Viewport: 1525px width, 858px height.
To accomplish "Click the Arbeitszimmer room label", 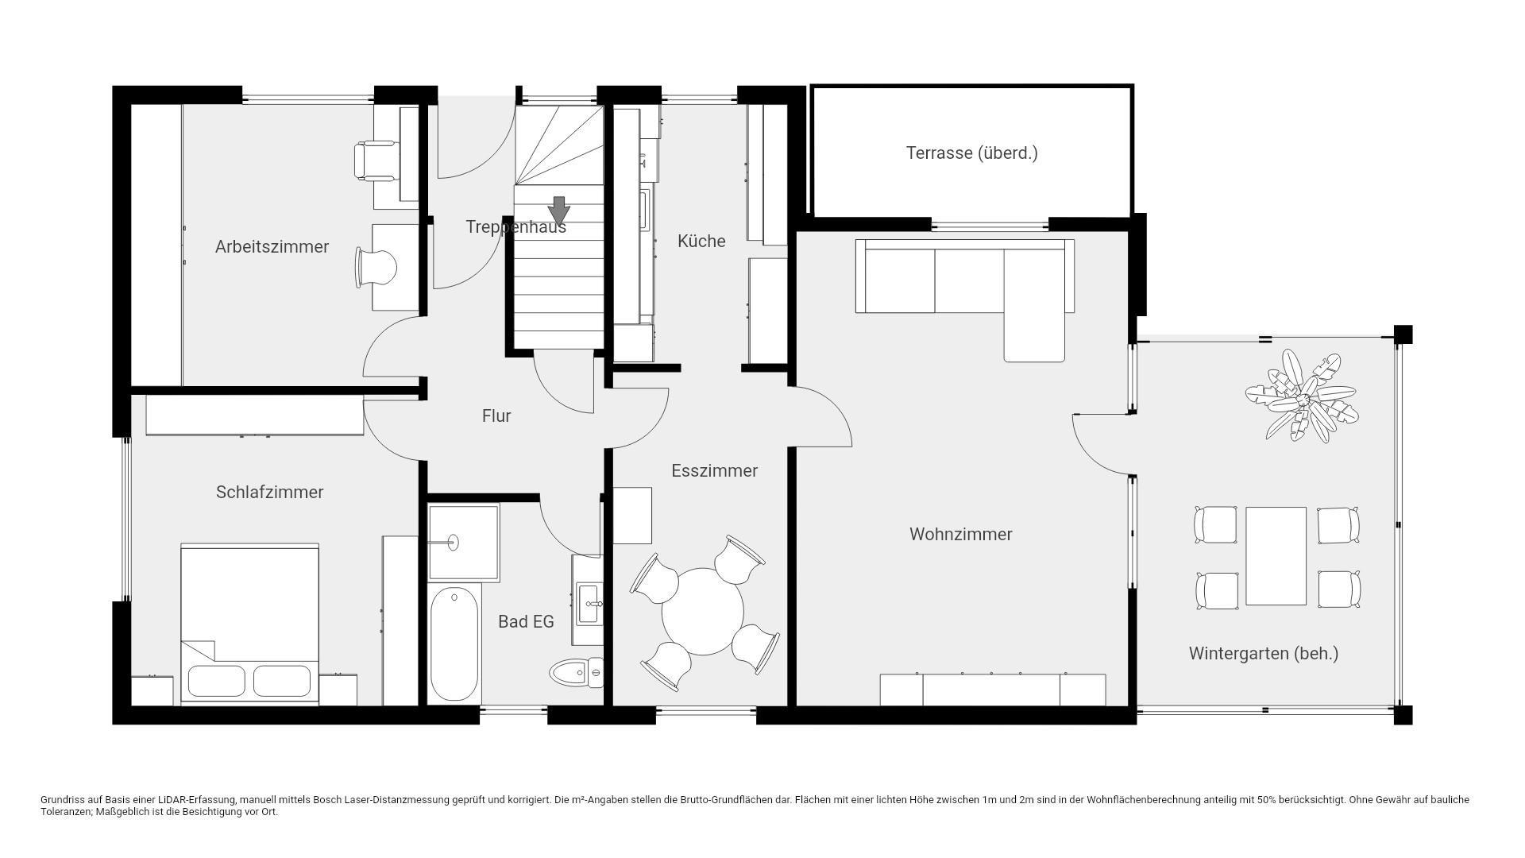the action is pyautogui.click(x=272, y=247).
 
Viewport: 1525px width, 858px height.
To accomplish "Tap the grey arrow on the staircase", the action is pyautogui.click(x=559, y=211).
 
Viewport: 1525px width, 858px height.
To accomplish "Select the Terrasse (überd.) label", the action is pyautogui.click(x=972, y=153).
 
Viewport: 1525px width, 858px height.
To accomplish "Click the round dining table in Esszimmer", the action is pyautogui.click(x=703, y=611).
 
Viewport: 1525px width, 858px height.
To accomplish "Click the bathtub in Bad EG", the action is pyautogui.click(x=454, y=643).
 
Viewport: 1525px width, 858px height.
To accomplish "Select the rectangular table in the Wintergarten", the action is pyautogui.click(x=1276, y=556).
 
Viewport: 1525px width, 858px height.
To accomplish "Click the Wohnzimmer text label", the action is pyautogui.click(x=961, y=535).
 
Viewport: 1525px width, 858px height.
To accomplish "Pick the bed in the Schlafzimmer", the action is pyautogui.click(x=249, y=624).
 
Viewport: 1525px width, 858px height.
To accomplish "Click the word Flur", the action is pyautogui.click(x=496, y=416).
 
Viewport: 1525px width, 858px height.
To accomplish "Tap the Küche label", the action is pyautogui.click(x=701, y=242).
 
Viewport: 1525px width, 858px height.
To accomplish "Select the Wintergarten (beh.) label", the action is pyautogui.click(x=1264, y=654).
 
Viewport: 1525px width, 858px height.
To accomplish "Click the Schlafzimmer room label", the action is pyautogui.click(x=270, y=493).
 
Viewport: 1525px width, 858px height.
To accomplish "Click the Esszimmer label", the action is pyautogui.click(x=715, y=471).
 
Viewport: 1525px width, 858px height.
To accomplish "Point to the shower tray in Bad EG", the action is pyautogui.click(x=464, y=543).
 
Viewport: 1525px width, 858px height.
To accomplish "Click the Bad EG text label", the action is pyautogui.click(x=526, y=622).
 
